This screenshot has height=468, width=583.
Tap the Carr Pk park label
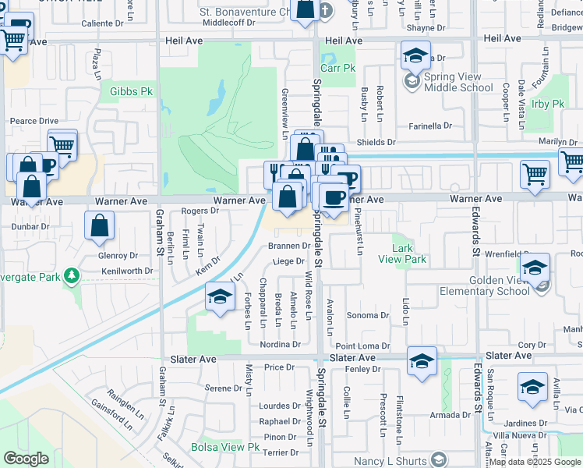[337, 69]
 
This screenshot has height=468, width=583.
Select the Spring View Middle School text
[458, 83]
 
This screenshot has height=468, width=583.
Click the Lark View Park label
[402, 254]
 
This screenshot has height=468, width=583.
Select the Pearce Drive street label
[34, 121]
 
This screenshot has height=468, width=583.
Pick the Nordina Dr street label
[280, 344]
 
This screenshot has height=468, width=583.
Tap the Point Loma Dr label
[362, 346]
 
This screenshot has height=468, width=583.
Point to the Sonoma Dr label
[367, 315]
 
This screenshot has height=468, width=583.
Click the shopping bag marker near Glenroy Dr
[101, 227]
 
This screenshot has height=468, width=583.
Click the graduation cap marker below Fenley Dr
[422, 362]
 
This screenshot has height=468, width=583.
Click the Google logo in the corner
[26, 459]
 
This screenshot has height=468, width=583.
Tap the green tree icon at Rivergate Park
[72, 275]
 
